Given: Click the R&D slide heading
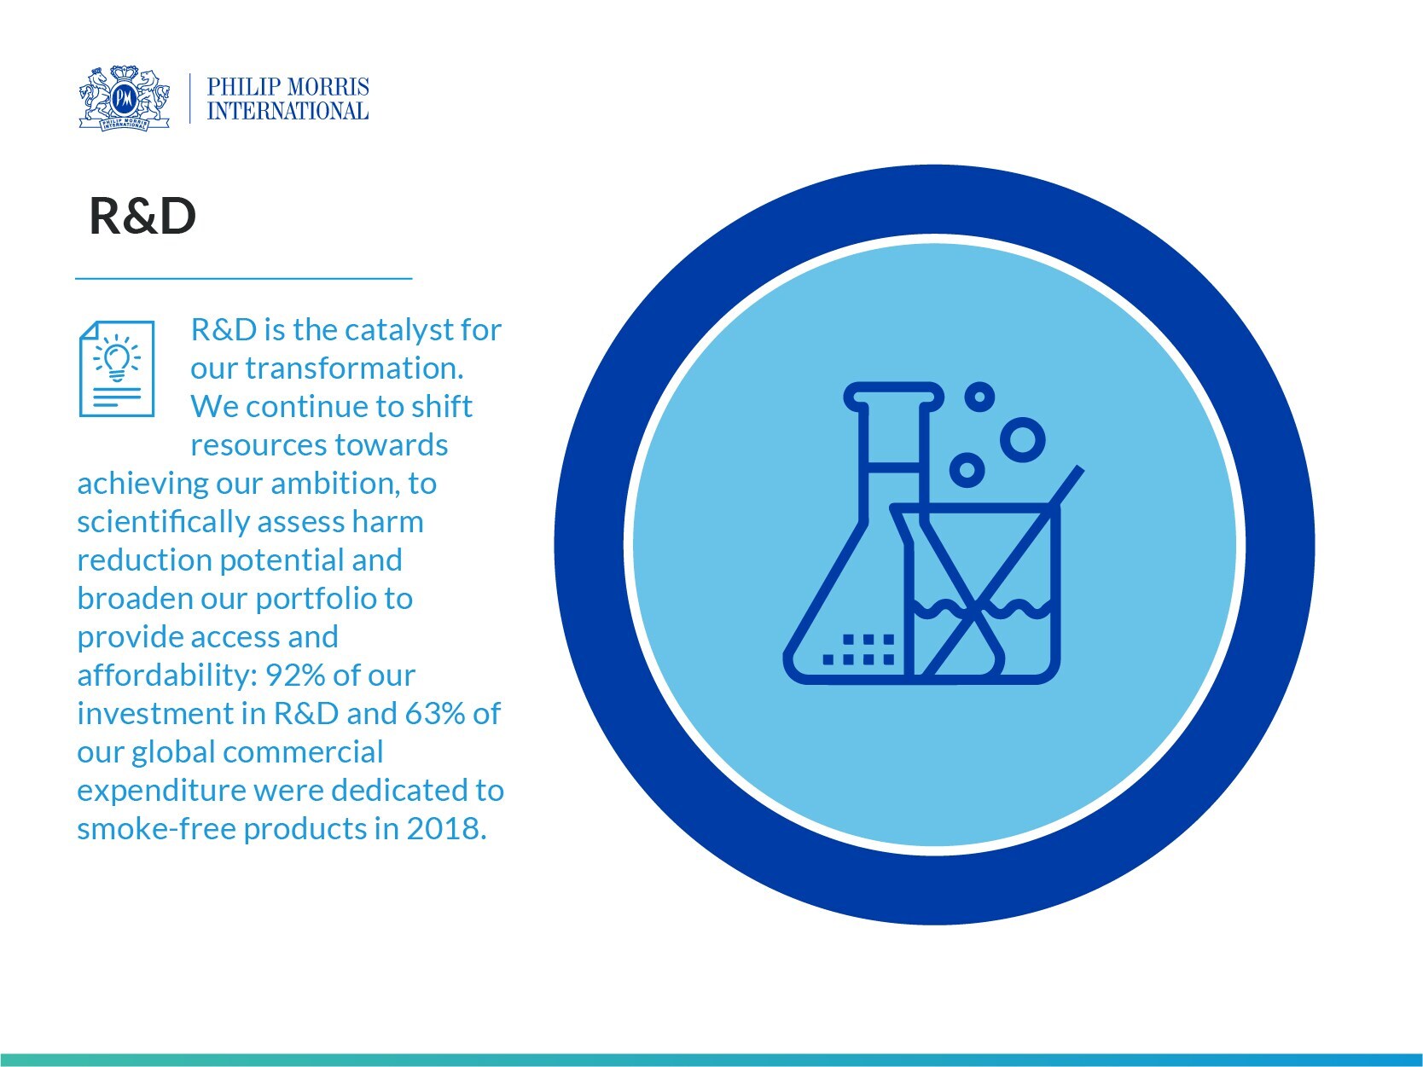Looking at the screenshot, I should [142, 217].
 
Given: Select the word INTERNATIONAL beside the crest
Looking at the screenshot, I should [288, 111].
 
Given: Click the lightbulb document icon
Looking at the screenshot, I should [117, 368].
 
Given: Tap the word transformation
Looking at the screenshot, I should [354, 368].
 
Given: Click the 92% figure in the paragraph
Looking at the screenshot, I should [295, 675].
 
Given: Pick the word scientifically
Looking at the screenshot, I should [162, 521].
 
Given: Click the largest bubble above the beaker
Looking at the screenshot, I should [1022, 440].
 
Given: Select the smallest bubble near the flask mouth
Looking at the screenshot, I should [979, 396].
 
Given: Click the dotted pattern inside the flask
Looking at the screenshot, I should [860, 649].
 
